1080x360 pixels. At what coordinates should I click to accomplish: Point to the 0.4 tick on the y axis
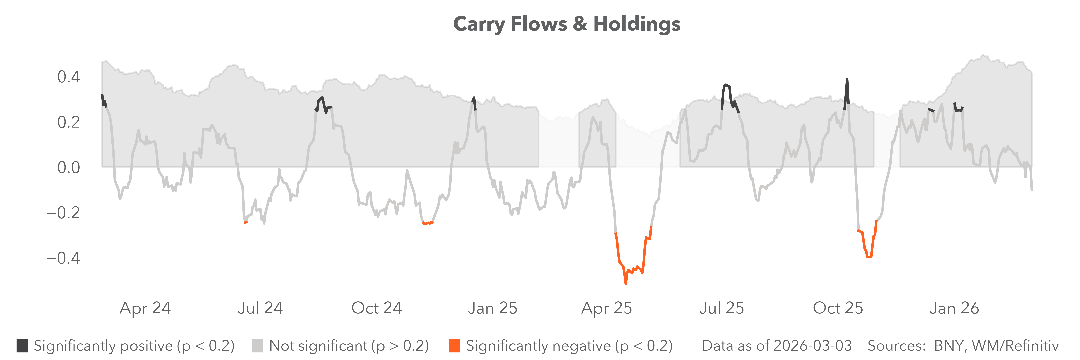coord(68,77)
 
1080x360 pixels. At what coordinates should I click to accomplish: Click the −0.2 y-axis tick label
coord(63,212)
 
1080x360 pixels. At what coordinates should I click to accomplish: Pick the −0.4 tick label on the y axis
coord(63,258)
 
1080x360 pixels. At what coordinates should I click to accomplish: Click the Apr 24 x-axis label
coord(145,308)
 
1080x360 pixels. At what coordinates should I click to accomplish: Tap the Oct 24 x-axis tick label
coord(376,308)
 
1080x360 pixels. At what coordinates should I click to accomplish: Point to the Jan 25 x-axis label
coord(493,308)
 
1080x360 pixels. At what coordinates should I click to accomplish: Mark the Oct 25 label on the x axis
coord(838,308)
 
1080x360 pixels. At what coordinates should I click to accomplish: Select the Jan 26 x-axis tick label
coord(954,308)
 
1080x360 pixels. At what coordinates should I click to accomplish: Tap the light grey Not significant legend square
coord(257,346)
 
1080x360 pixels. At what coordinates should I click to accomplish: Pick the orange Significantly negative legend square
coord(454,346)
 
